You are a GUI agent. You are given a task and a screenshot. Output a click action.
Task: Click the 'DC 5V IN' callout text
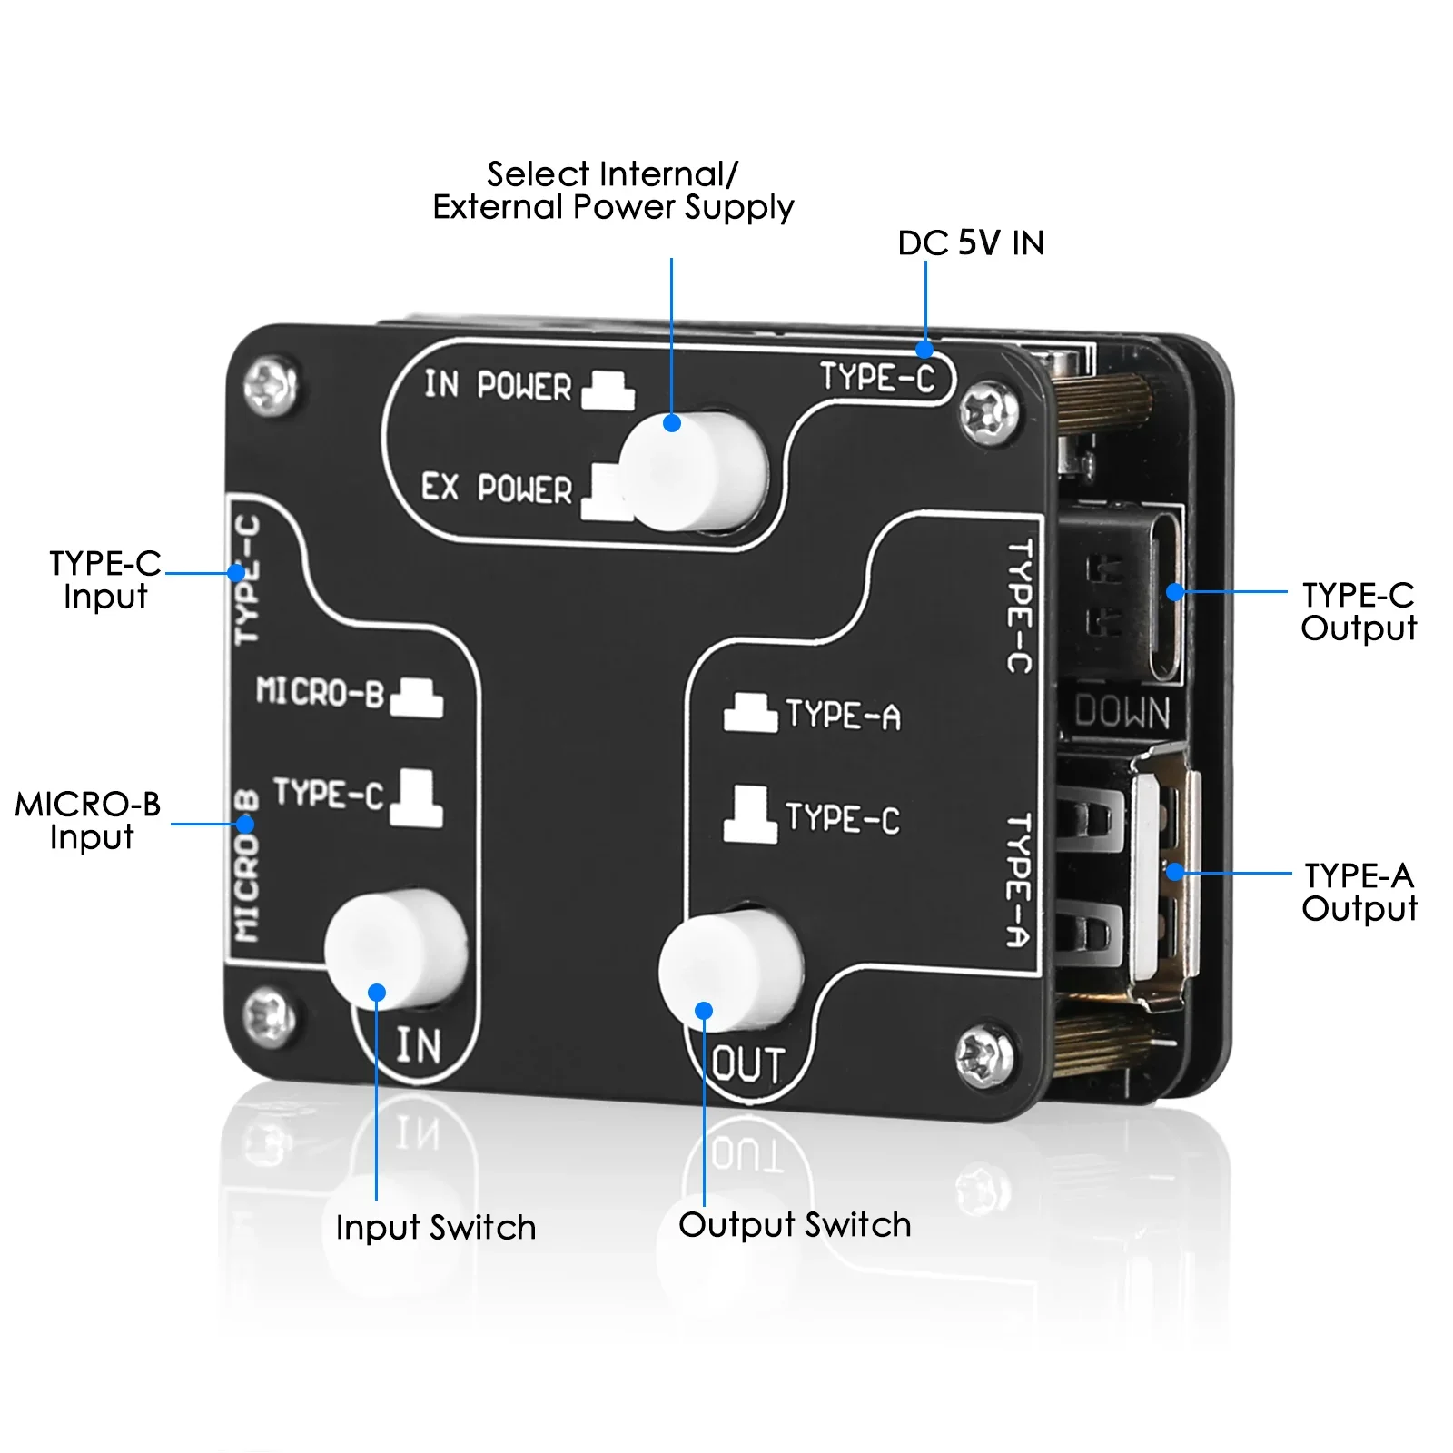(970, 243)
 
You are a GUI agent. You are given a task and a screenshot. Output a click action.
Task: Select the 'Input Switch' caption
(435, 1228)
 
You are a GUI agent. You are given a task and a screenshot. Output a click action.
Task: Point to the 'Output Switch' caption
(795, 1225)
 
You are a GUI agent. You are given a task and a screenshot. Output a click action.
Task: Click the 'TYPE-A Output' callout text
(1359, 892)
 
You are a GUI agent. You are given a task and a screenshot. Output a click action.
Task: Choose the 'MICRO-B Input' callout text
(89, 820)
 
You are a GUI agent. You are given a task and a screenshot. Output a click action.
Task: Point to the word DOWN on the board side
(1122, 712)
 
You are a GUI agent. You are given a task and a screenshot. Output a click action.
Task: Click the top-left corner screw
(271, 385)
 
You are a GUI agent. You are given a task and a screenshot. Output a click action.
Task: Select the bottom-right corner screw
(984, 1056)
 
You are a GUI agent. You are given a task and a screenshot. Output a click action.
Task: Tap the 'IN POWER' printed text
(497, 385)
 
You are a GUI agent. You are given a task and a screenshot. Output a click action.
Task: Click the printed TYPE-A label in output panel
(843, 716)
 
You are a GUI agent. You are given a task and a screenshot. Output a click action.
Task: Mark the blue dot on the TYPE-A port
(1175, 872)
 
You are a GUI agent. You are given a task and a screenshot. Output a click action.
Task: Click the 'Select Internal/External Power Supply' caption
(613, 191)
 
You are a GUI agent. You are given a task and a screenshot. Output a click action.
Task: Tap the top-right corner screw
(988, 412)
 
